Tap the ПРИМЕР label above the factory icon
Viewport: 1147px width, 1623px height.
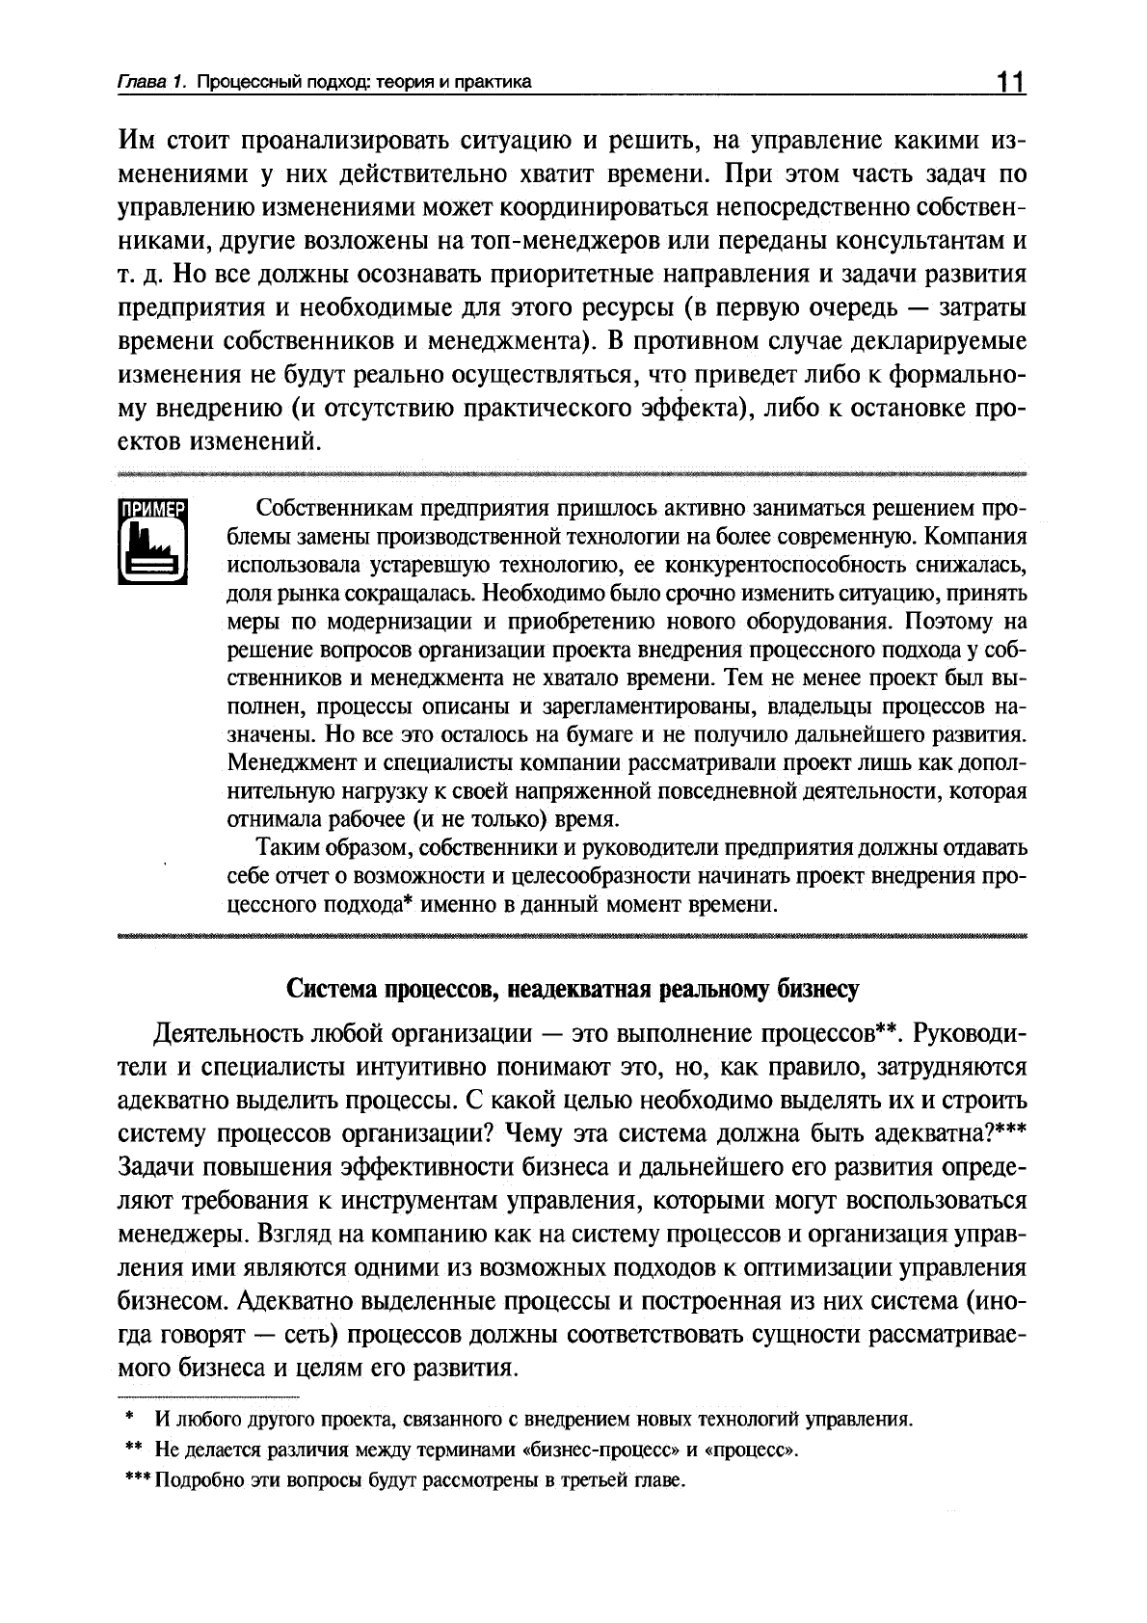[151, 511]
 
